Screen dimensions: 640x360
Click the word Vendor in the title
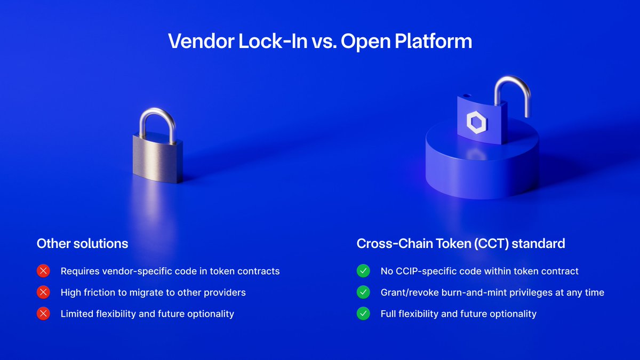pyautogui.click(x=201, y=42)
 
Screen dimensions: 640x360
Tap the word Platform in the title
pyautogui.click(x=433, y=42)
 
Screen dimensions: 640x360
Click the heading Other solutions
pyautogui.click(x=82, y=243)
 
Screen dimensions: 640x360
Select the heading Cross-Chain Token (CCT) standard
pyautogui.click(x=461, y=243)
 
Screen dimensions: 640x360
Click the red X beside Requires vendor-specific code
pyautogui.click(x=43, y=271)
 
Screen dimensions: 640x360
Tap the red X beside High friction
pyautogui.click(x=43, y=292)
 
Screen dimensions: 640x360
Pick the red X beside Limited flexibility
pyautogui.click(x=43, y=314)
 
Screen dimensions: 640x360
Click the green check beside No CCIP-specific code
pyautogui.click(x=363, y=271)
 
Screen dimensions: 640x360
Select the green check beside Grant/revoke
pyautogui.click(x=363, y=292)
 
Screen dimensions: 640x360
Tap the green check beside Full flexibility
pyautogui.click(x=363, y=314)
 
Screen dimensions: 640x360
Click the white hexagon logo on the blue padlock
pyautogui.click(x=477, y=122)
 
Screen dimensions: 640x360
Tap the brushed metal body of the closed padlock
pyautogui.click(x=158, y=159)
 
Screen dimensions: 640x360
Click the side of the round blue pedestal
pyautogui.click(x=482, y=171)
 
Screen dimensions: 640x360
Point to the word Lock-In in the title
pyautogui.click(x=273, y=42)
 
